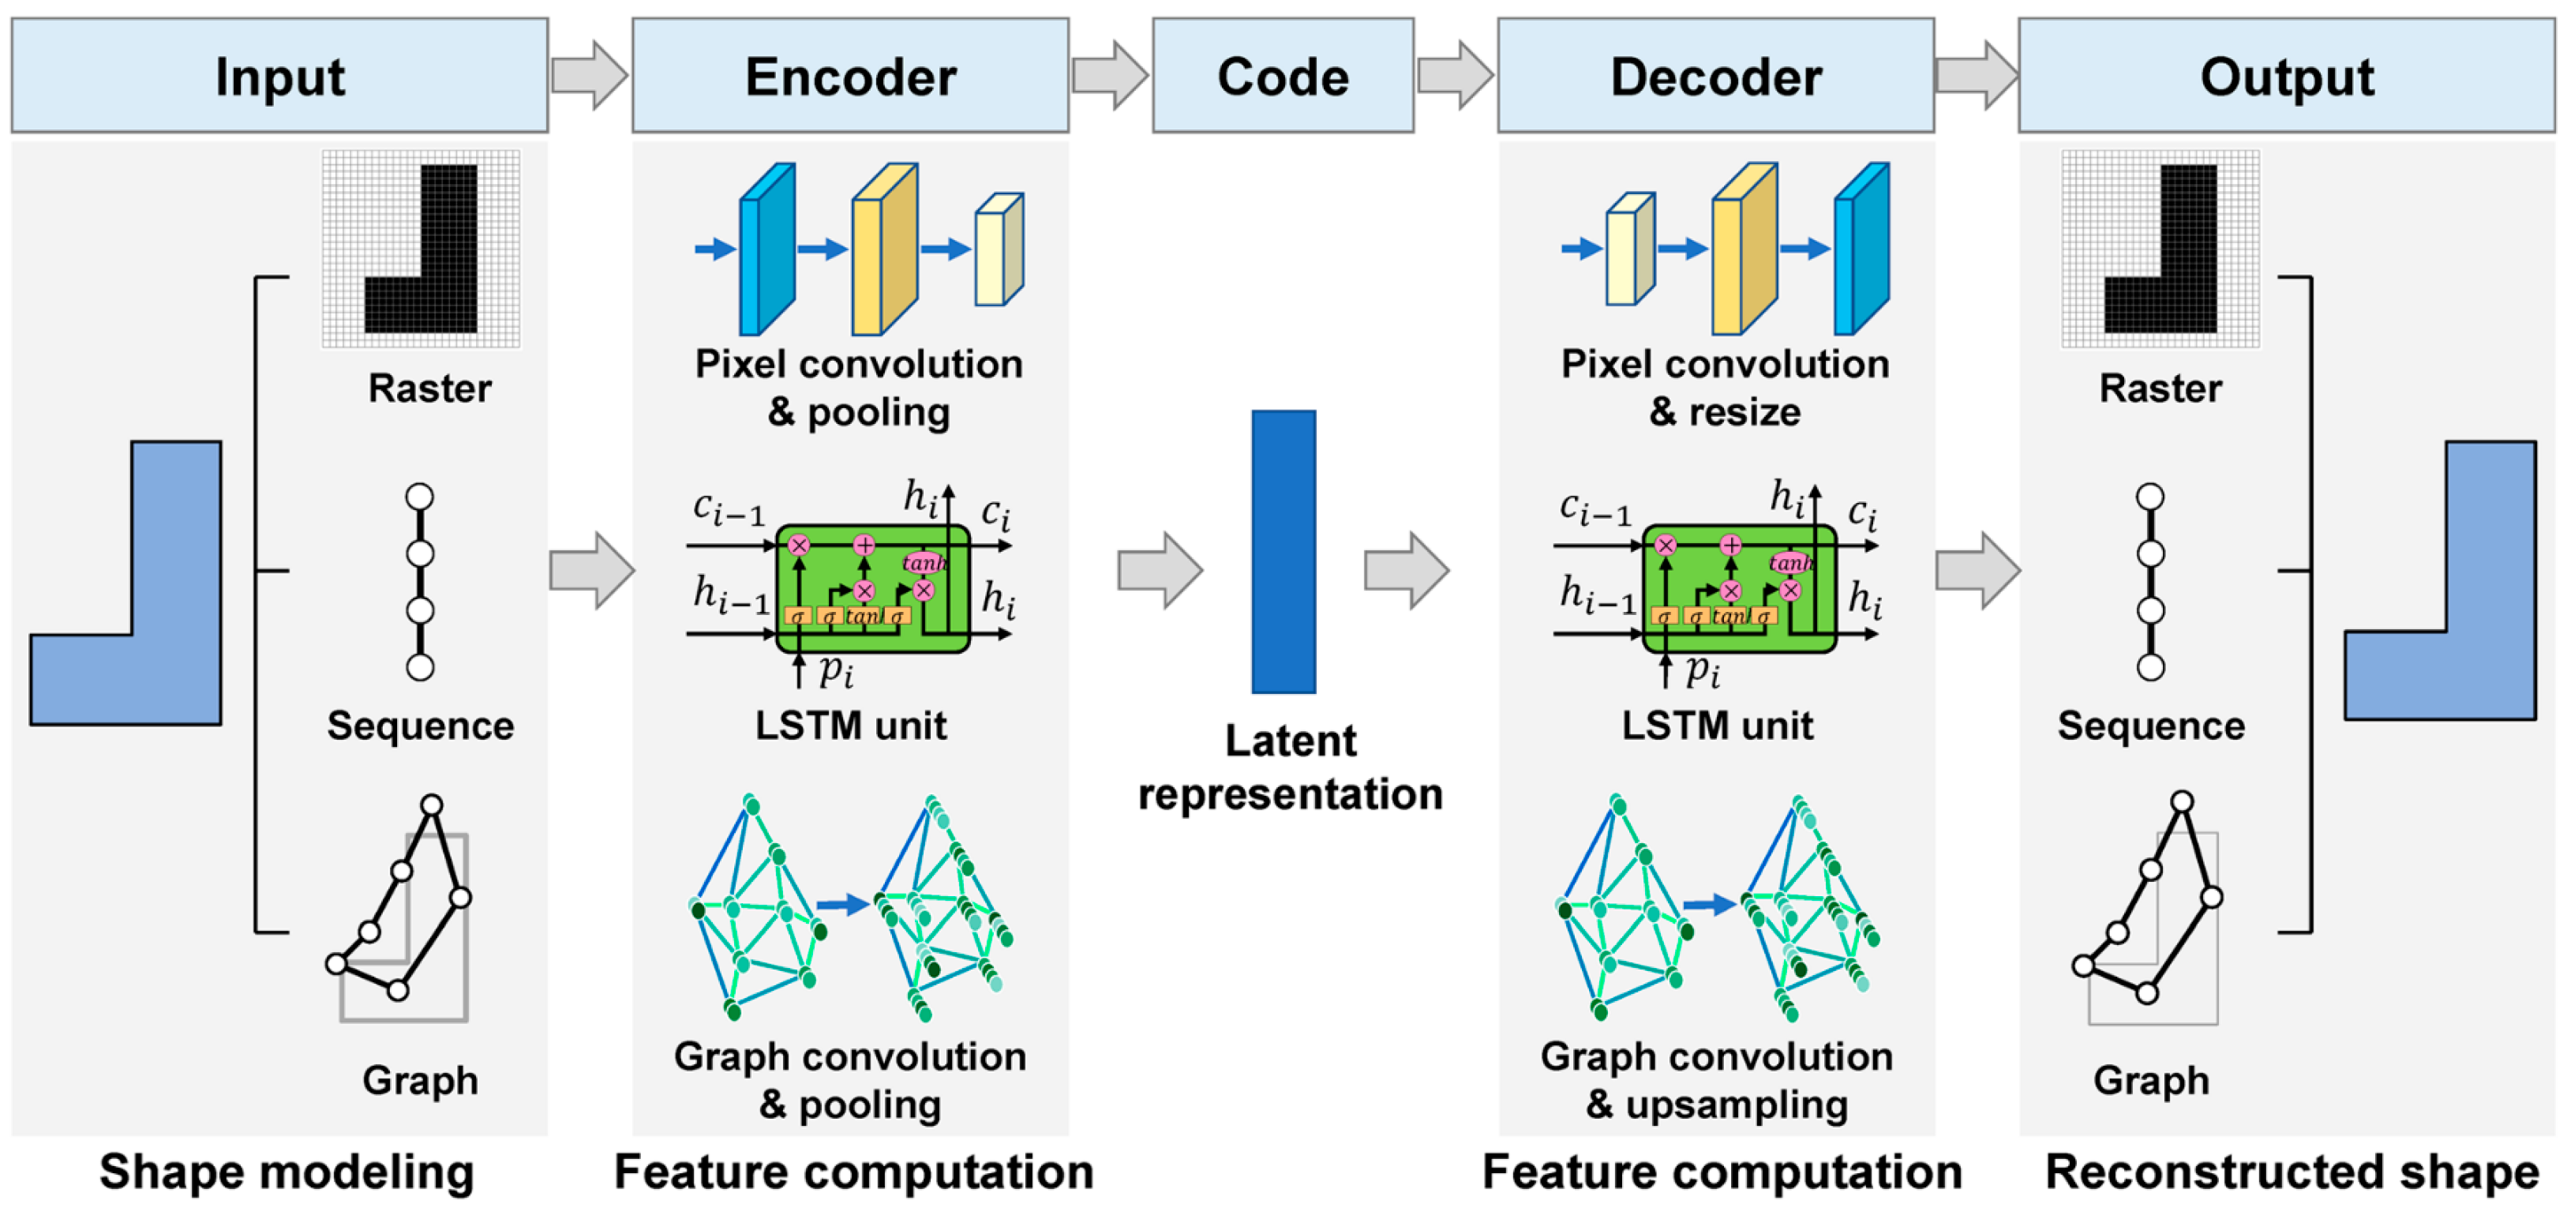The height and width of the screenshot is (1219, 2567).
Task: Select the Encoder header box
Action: (x=850, y=76)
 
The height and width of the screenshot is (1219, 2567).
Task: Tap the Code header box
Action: (x=1283, y=76)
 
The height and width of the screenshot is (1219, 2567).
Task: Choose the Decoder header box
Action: (x=1715, y=76)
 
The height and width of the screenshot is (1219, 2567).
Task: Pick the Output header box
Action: (x=2286, y=76)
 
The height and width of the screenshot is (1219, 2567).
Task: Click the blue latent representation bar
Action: (x=1283, y=551)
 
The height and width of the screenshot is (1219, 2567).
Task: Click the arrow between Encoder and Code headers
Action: (x=1110, y=75)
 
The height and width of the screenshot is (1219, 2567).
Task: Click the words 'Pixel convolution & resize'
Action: (x=1724, y=388)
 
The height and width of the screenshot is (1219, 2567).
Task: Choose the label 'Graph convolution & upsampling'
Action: (x=1716, y=1081)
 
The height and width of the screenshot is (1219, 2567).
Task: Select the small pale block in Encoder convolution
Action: (x=999, y=249)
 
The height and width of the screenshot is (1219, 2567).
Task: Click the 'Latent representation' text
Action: (x=1291, y=767)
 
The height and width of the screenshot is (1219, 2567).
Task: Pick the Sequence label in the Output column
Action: (x=2150, y=726)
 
